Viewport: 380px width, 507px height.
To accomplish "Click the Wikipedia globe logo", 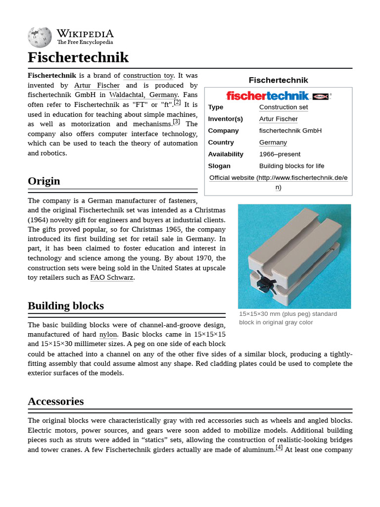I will click(x=40, y=37).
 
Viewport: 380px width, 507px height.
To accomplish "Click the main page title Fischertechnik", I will click(x=78, y=57).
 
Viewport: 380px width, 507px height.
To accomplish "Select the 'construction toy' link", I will click(x=148, y=76).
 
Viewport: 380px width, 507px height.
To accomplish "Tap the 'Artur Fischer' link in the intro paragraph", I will click(x=97, y=85).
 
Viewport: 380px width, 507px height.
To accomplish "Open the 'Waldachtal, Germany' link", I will click(x=143, y=95).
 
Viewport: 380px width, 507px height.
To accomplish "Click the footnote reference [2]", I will click(x=177, y=102).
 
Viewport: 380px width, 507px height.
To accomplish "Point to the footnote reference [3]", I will click(x=177, y=122).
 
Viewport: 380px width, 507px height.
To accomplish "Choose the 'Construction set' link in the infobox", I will click(x=284, y=107).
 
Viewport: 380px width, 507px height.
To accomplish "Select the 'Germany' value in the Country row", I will click(x=273, y=143).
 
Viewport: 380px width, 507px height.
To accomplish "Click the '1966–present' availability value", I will click(x=280, y=154).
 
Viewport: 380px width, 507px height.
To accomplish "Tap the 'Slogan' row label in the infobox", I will click(x=219, y=166).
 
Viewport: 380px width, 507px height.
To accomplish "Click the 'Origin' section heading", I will click(x=44, y=181).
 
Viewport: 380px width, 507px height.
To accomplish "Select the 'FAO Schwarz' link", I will click(x=112, y=278).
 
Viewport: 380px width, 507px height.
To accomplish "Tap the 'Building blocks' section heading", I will click(x=66, y=305).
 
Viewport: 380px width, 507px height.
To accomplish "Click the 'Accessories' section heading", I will click(x=56, y=401).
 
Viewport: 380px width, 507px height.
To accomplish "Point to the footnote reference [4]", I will click(x=279, y=447).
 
